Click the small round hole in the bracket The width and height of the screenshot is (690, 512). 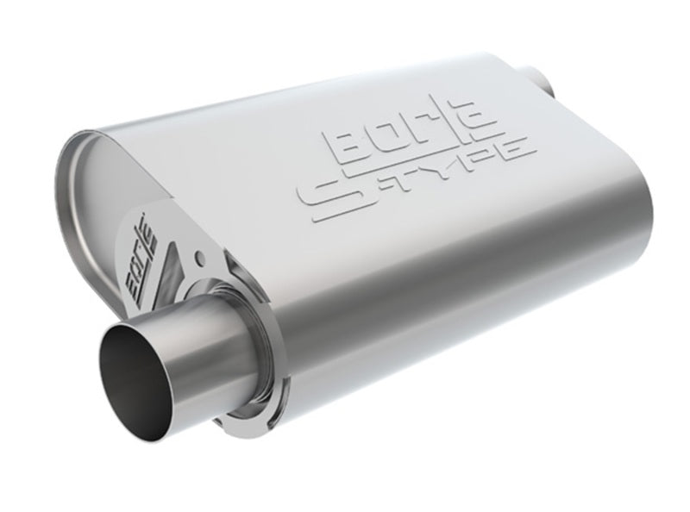click(x=200, y=256)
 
